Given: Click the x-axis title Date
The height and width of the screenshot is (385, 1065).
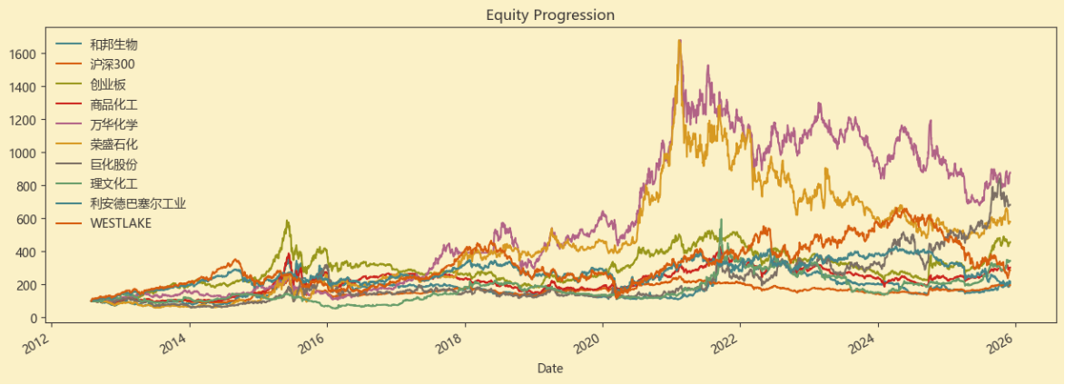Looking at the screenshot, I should (549, 368).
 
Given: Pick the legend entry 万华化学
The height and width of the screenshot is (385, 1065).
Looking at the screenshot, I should (113, 124).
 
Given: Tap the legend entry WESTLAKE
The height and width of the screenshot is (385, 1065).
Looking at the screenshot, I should (121, 224).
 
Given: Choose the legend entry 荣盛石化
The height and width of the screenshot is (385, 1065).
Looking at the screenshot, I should (113, 144).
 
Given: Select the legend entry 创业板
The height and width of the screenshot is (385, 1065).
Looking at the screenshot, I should (107, 84).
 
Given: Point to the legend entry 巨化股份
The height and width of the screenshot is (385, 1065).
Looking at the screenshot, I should (113, 164).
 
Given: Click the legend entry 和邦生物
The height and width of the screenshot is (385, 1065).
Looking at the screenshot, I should (113, 44).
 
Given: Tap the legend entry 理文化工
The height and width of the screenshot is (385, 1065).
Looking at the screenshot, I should (113, 184).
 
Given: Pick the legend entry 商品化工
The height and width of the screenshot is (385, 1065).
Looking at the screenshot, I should (113, 104).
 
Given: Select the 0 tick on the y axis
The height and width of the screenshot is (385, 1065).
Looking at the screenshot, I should (36, 318).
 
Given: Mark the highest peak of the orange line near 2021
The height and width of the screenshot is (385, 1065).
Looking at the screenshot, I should (679, 41).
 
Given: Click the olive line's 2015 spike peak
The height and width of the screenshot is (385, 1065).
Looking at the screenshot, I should (288, 221).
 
